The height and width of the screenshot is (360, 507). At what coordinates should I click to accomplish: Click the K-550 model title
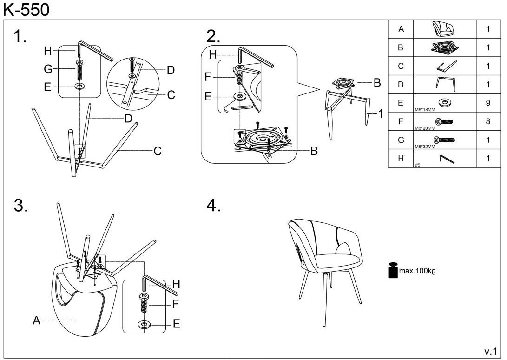tap(26, 9)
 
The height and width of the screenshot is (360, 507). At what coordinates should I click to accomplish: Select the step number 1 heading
tap(20, 37)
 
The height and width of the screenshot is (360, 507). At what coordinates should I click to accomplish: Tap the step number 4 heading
tap(213, 206)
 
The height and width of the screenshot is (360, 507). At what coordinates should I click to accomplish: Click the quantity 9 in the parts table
tap(488, 103)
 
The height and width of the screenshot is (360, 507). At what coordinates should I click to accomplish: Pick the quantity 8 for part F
tap(488, 121)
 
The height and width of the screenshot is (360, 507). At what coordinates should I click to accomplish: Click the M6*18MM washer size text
tap(424, 110)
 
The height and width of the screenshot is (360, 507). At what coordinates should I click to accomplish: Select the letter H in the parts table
tap(401, 158)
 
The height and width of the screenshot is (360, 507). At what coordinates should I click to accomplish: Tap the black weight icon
tap(393, 270)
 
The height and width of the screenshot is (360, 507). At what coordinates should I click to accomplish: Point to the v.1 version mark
tap(491, 350)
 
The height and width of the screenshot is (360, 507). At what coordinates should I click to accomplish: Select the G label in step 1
tap(48, 69)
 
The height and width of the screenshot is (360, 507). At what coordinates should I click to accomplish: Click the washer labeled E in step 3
tap(145, 324)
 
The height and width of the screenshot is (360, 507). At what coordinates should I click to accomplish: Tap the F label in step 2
tap(208, 77)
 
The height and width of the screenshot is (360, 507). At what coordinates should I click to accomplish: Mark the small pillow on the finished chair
tap(344, 247)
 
